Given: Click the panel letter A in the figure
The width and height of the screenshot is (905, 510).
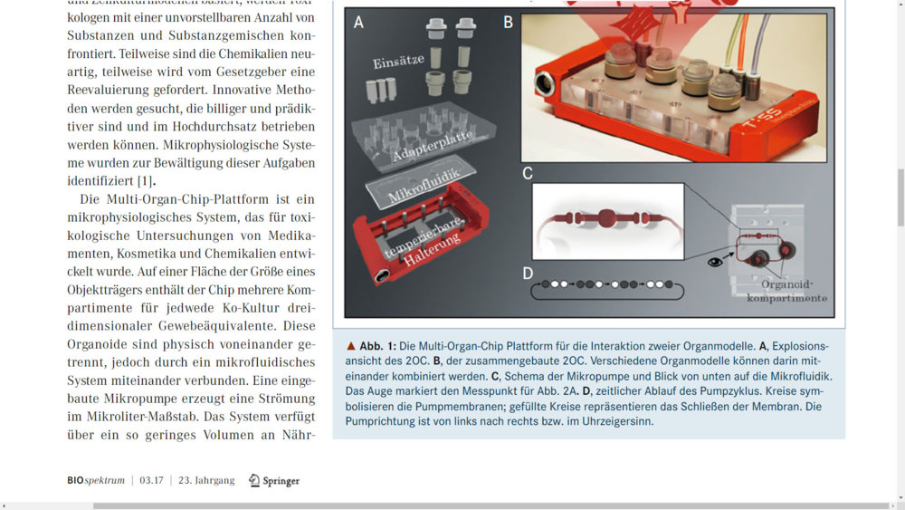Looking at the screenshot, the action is [358, 23].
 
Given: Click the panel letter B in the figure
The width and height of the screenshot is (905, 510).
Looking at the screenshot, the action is [508, 23].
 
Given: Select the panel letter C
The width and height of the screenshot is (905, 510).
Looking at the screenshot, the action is [527, 173].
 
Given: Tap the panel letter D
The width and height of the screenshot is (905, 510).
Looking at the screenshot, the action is [528, 274].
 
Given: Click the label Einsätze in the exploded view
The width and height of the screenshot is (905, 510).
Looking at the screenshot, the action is [398, 61].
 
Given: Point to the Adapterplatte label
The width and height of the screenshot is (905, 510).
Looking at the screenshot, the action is [433, 146].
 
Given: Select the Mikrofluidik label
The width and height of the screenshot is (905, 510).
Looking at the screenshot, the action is [424, 185].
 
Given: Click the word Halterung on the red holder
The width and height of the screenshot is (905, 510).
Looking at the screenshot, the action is [432, 249].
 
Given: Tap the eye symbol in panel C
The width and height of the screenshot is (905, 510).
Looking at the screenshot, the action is [715, 262].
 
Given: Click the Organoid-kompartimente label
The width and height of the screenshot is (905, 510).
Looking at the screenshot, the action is [786, 291].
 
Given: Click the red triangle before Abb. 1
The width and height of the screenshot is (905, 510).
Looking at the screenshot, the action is [350, 346].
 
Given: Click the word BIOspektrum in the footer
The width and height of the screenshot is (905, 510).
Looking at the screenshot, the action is [96, 480].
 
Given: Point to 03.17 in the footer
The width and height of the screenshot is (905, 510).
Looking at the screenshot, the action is [151, 480].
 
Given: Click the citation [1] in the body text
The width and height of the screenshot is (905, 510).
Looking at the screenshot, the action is [145, 181].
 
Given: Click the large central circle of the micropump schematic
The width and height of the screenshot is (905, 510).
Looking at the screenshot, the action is [606, 218].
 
